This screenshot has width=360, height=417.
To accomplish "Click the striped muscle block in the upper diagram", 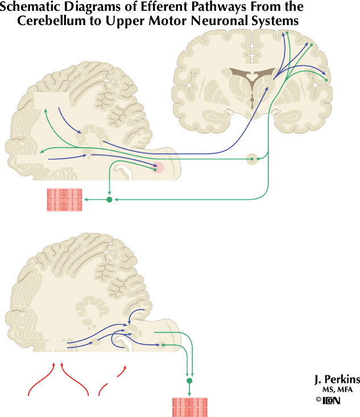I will click(64, 200).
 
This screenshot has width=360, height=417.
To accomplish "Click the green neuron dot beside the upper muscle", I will click(109, 200).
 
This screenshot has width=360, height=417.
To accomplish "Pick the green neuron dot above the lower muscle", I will click(189, 379).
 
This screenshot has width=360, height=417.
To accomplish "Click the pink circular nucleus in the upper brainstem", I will click(158, 167).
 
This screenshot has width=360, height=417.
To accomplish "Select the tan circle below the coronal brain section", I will click(252, 159).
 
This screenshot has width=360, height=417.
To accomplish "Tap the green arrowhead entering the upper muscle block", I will click(86, 200).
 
